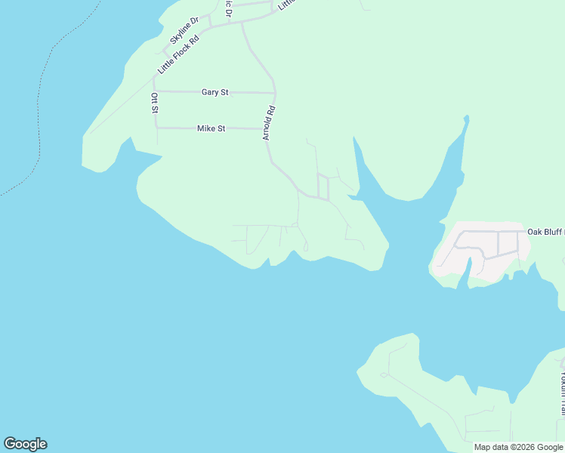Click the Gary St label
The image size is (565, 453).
click(215, 92)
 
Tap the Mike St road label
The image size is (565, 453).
click(211, 128)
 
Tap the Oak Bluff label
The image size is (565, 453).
click(545, 232)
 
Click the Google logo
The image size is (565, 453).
click(25, 444)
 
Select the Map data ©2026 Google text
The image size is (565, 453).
click(519, 447)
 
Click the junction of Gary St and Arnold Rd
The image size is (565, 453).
click(274, 93)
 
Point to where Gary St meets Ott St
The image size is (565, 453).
click(154, 91)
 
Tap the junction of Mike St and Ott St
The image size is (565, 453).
click(156, 128)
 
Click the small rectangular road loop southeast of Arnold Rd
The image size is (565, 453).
click(323, 186)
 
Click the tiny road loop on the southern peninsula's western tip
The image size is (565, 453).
click(384, 374)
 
